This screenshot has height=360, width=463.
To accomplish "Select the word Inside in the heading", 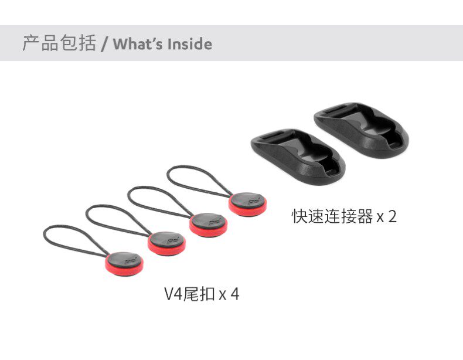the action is (189, 44).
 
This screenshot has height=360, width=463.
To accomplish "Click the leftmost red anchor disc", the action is (124, 263).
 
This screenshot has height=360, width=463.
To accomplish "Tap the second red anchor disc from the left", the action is (166, 243).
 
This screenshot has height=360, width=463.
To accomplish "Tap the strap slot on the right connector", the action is (335, 114).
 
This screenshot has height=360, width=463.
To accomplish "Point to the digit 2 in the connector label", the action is (392, 217).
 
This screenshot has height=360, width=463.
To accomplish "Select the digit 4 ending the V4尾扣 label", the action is (234, 294).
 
